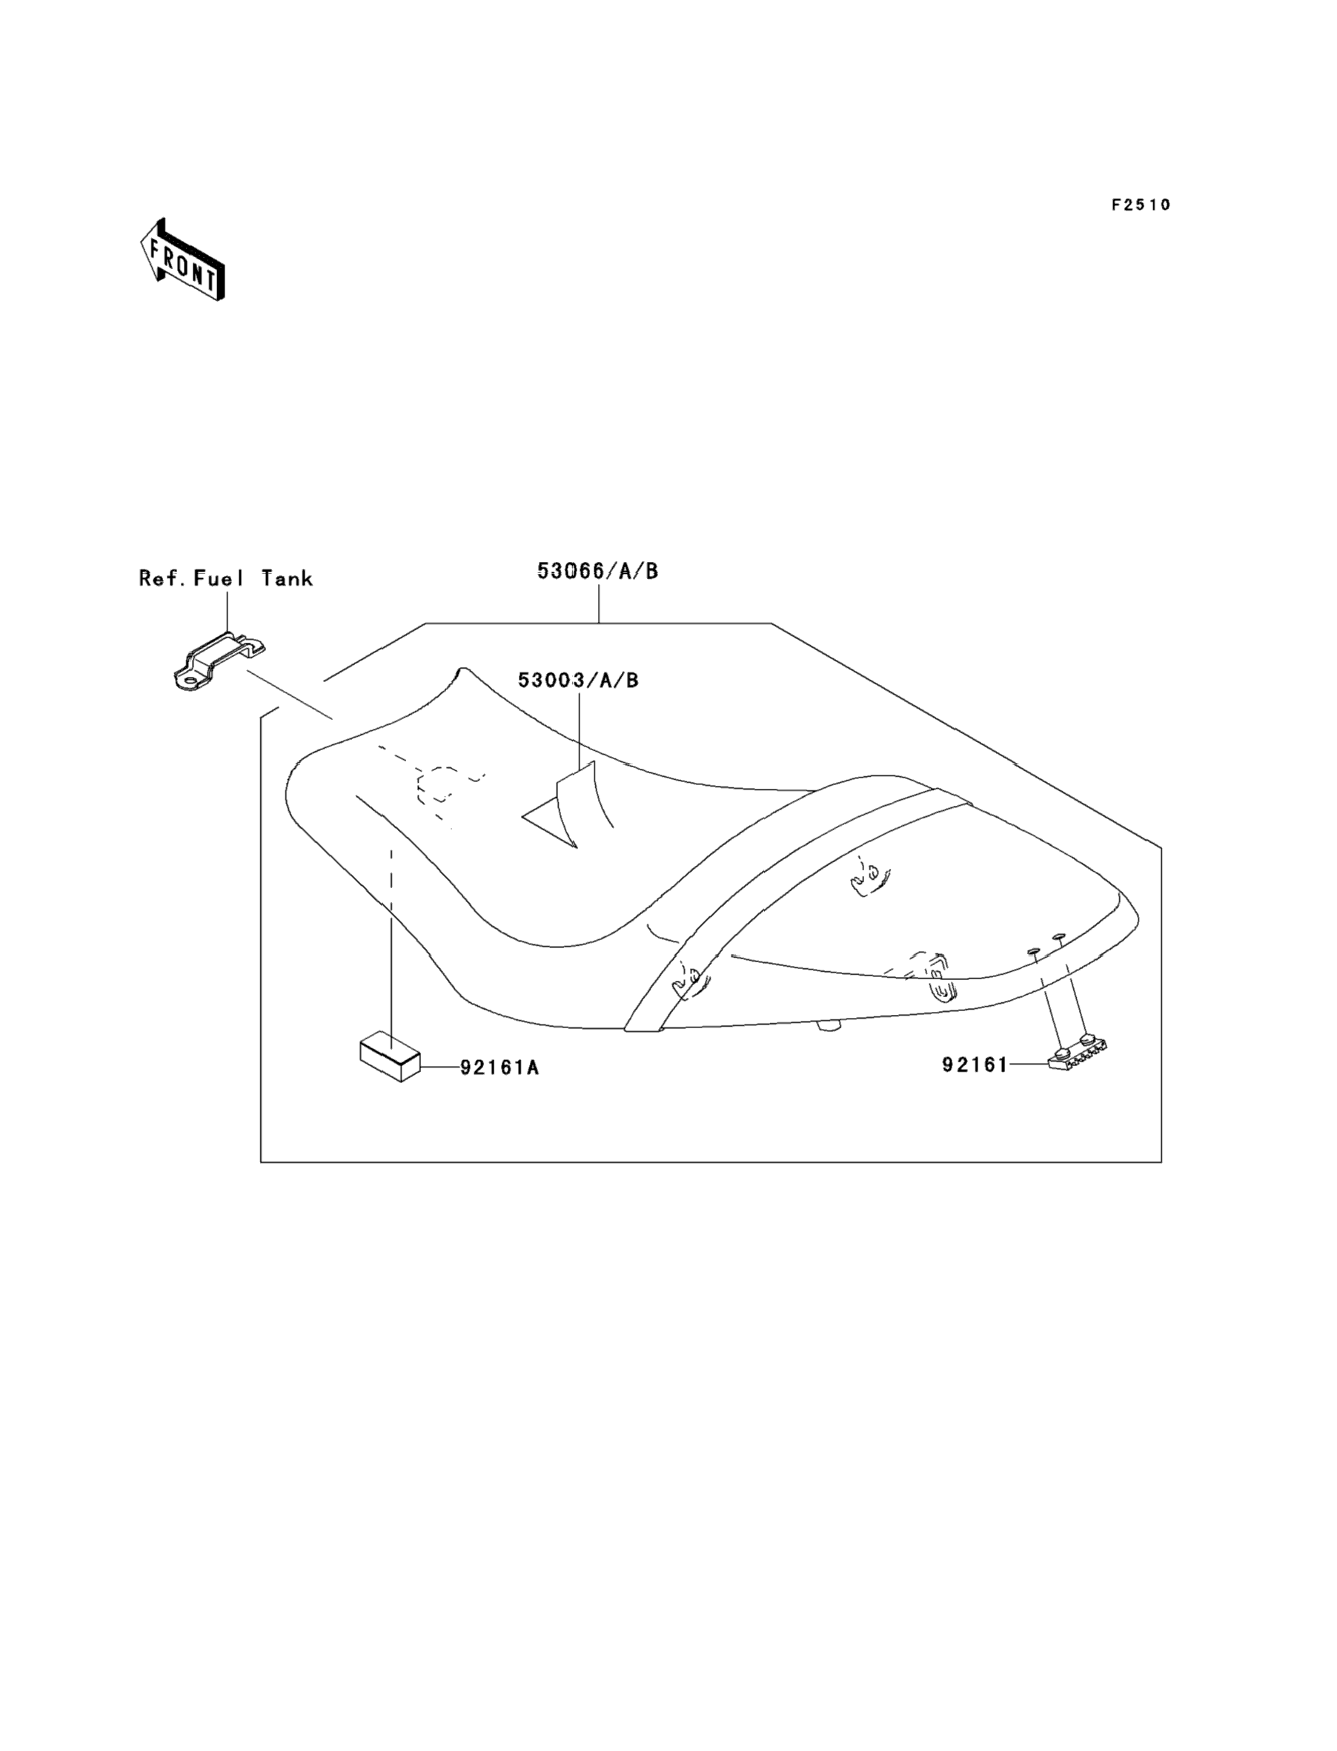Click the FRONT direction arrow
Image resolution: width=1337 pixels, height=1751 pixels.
pyautogui.click(x=182, y=260)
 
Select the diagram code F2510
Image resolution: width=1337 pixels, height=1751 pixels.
pyautogui.click(x=1141, y=205)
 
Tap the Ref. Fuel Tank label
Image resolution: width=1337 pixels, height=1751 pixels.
pyautogui.click(x=226, y=579)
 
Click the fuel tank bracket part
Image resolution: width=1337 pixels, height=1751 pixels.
pyautogui.click(x=219, y=660)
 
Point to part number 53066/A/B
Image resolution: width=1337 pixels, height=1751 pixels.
pyautogui.click(x=597, y=572)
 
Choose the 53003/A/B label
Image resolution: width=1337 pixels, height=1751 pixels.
pyautogui.click(x=579, y=681)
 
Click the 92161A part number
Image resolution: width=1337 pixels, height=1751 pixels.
pyautogui.click(x=500, y=1068)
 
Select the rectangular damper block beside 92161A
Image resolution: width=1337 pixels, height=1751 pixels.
pyautogui.click(x=390, y=1057)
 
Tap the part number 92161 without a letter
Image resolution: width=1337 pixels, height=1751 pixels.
pyautogui.click(x=975, y=1065)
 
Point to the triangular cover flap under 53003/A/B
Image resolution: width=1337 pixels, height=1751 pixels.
pyautogui.click(x=562, y=810)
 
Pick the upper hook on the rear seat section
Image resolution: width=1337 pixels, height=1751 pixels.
pyautogui.click(x=869, y=879)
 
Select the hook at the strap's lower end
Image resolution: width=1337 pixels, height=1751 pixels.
pyautogui.click(x=688, y=983)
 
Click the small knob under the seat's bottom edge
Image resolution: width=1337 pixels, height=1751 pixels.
pyautogui.click(x=830, y=1026)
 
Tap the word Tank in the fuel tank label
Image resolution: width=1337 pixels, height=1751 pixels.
pyautogui.click(x=288, y=579)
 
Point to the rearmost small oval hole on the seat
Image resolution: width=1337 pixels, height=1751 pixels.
pyautogui.click(x=1059, y=937)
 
